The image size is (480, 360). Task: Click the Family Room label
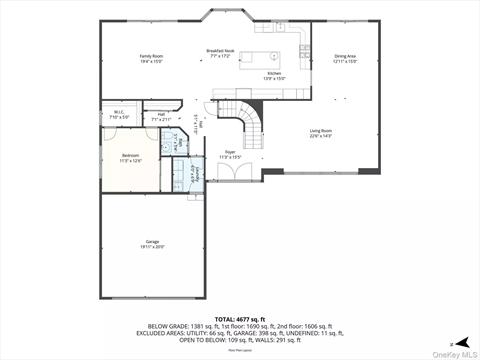[151, 56]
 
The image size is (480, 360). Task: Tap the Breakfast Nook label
[219, 50]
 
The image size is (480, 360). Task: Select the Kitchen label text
[273, 73]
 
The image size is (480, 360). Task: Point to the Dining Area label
[345, 56]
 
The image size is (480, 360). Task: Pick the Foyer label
[230, 152]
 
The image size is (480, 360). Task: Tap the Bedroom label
[131, 155]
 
